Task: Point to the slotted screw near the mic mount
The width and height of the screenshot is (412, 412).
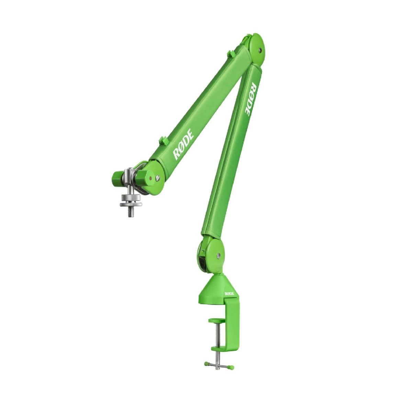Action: tap(158, 172)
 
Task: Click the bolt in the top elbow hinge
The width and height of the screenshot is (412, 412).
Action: tap(260, 50)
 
